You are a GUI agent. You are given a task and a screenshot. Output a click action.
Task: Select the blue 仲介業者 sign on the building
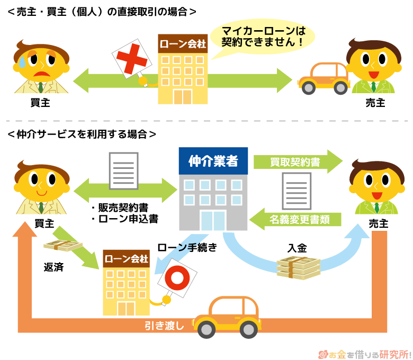click(x=213, y=161)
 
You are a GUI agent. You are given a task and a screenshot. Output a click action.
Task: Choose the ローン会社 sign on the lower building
click(x=127, y=259)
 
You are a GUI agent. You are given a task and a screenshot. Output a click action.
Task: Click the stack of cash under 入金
click(x=298, y=267)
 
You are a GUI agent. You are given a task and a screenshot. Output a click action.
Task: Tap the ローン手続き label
click(x=187, y=247)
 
